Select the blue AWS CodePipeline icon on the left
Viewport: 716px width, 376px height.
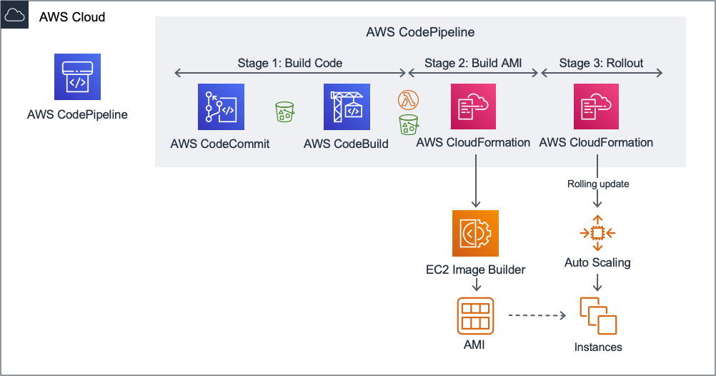tap(77, 76)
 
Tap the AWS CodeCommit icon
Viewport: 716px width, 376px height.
tap(221, 107)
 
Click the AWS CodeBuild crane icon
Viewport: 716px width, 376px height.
tap(347, 107)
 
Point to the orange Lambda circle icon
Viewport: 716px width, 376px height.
tap(408, 99)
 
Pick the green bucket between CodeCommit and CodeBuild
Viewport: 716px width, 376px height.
tap(285, 112)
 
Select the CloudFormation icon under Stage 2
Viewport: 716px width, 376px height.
tap(473, 107)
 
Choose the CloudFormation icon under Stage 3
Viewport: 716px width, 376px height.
tap(596, 107)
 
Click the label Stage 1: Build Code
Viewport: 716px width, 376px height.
tap(289, 63)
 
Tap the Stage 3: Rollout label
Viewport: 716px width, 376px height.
tap(601, 63)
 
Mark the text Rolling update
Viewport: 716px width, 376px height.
tap(598, 184)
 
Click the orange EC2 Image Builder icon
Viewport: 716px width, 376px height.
tap(475, 233)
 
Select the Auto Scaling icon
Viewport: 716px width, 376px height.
tap(597, 233)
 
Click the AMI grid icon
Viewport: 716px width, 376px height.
tap(475, 315)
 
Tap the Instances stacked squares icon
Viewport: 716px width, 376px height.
tap(598, 315)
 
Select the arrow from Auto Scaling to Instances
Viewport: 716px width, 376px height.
tap(598, 282)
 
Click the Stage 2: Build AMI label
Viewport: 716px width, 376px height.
tap(473, 63)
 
